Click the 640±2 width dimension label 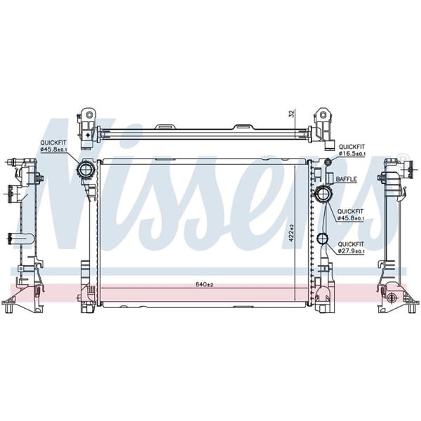(x=203, y=284)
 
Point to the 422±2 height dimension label (x=291, y=232)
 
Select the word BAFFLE (x=347, y=179)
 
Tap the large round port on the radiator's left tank (x=86, y=169)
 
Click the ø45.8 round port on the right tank (x=323, y=194)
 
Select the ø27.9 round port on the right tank (x=322, y=238)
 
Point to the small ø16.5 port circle (x=326, y=163)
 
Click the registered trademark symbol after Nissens (x=402, y=156)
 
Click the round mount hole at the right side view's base (x=392, y=298)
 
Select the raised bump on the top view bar (x=242, y=128)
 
